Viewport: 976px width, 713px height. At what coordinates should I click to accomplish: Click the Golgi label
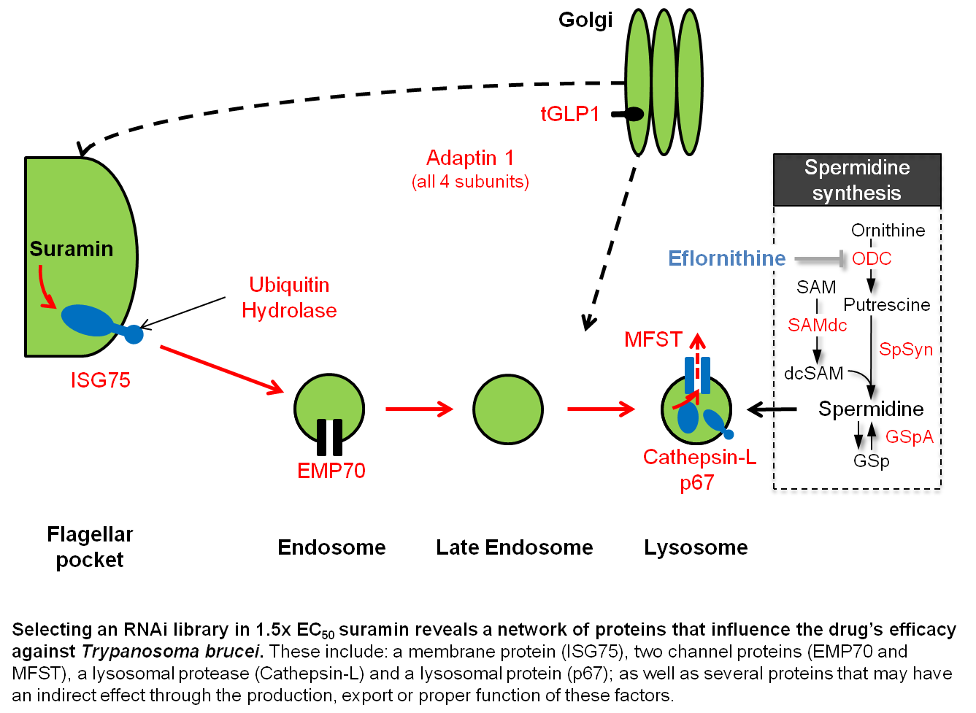(585, 20)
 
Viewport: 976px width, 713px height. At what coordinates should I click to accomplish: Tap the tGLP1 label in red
(569, 114)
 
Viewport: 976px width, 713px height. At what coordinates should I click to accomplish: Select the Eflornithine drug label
(727, 258)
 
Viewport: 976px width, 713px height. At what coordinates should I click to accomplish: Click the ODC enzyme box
(872, 258)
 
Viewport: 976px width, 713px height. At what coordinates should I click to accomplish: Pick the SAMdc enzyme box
(818, 325)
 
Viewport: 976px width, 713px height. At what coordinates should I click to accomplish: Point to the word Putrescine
(887, 304)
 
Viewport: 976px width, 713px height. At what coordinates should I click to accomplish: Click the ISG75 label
(101, 379)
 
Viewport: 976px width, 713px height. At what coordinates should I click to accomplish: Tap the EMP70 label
(331, 471)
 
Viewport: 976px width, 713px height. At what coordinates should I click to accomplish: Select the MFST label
(653, 339)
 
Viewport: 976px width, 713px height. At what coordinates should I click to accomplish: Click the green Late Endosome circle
(508, 409)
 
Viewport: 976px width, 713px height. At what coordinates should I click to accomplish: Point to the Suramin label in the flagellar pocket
(72, 249)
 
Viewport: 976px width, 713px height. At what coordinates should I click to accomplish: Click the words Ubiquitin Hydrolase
(289, 297)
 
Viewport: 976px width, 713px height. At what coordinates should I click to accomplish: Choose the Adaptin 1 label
(470, 158)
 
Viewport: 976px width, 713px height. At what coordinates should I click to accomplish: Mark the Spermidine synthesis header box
(856, 180)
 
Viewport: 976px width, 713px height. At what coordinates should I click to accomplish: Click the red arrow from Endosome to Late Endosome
(419, 409)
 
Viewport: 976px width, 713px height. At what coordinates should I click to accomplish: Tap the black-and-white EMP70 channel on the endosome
(329, 436)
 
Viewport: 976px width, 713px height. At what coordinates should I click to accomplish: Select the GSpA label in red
(910, 436)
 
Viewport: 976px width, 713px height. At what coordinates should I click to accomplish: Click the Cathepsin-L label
(699, 458)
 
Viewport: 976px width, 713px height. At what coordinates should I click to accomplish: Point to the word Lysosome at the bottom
(696, 547)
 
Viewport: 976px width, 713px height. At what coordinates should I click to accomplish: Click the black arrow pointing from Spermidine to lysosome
(772, 410)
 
